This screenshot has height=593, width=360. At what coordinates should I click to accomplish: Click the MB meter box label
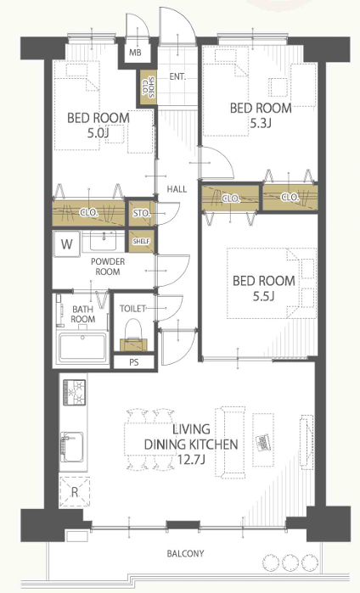pyautogui.click(x=135, y=53)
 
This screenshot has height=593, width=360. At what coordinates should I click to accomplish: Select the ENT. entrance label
pyautogui.click(x=177, y=76)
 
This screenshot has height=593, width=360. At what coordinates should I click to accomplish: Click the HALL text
pyautogui.click(x=177, y=188)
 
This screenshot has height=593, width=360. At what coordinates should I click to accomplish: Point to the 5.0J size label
pyautogui.click(x=98, y=132)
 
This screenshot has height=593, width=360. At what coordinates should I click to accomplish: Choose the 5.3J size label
pyautogui.click(x=261, y=123)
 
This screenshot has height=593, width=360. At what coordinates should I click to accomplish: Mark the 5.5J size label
pyautogui.click(x=264, y=296)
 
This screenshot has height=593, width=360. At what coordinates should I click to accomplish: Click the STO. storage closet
pyautogui.click(x=142, y=213)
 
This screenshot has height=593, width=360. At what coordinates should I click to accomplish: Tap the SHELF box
pyautogui.click(x=142, y=241)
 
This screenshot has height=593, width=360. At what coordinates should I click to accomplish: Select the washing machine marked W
pyautogui.click(x=66, y=244)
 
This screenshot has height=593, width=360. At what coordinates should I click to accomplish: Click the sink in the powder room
pyautogui.click(x=103, y=241)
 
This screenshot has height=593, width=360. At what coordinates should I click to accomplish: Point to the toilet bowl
pyautogui.click(x=132, y=329)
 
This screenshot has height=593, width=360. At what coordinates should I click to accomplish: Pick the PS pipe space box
pyautogui.click(x=133, y=362)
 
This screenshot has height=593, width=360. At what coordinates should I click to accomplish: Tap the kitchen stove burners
pyautogui.click(x=75, y=393)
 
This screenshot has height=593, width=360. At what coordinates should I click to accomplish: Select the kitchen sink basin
pyautogui.click(x=72, y=447)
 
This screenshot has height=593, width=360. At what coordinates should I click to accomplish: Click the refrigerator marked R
pyautogui.click(x=75, y=492)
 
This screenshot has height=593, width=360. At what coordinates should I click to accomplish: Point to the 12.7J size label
pyautogui.click(x=191, y=460)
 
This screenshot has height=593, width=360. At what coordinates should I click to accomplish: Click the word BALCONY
pyautogui.click(x=185, y=554)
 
